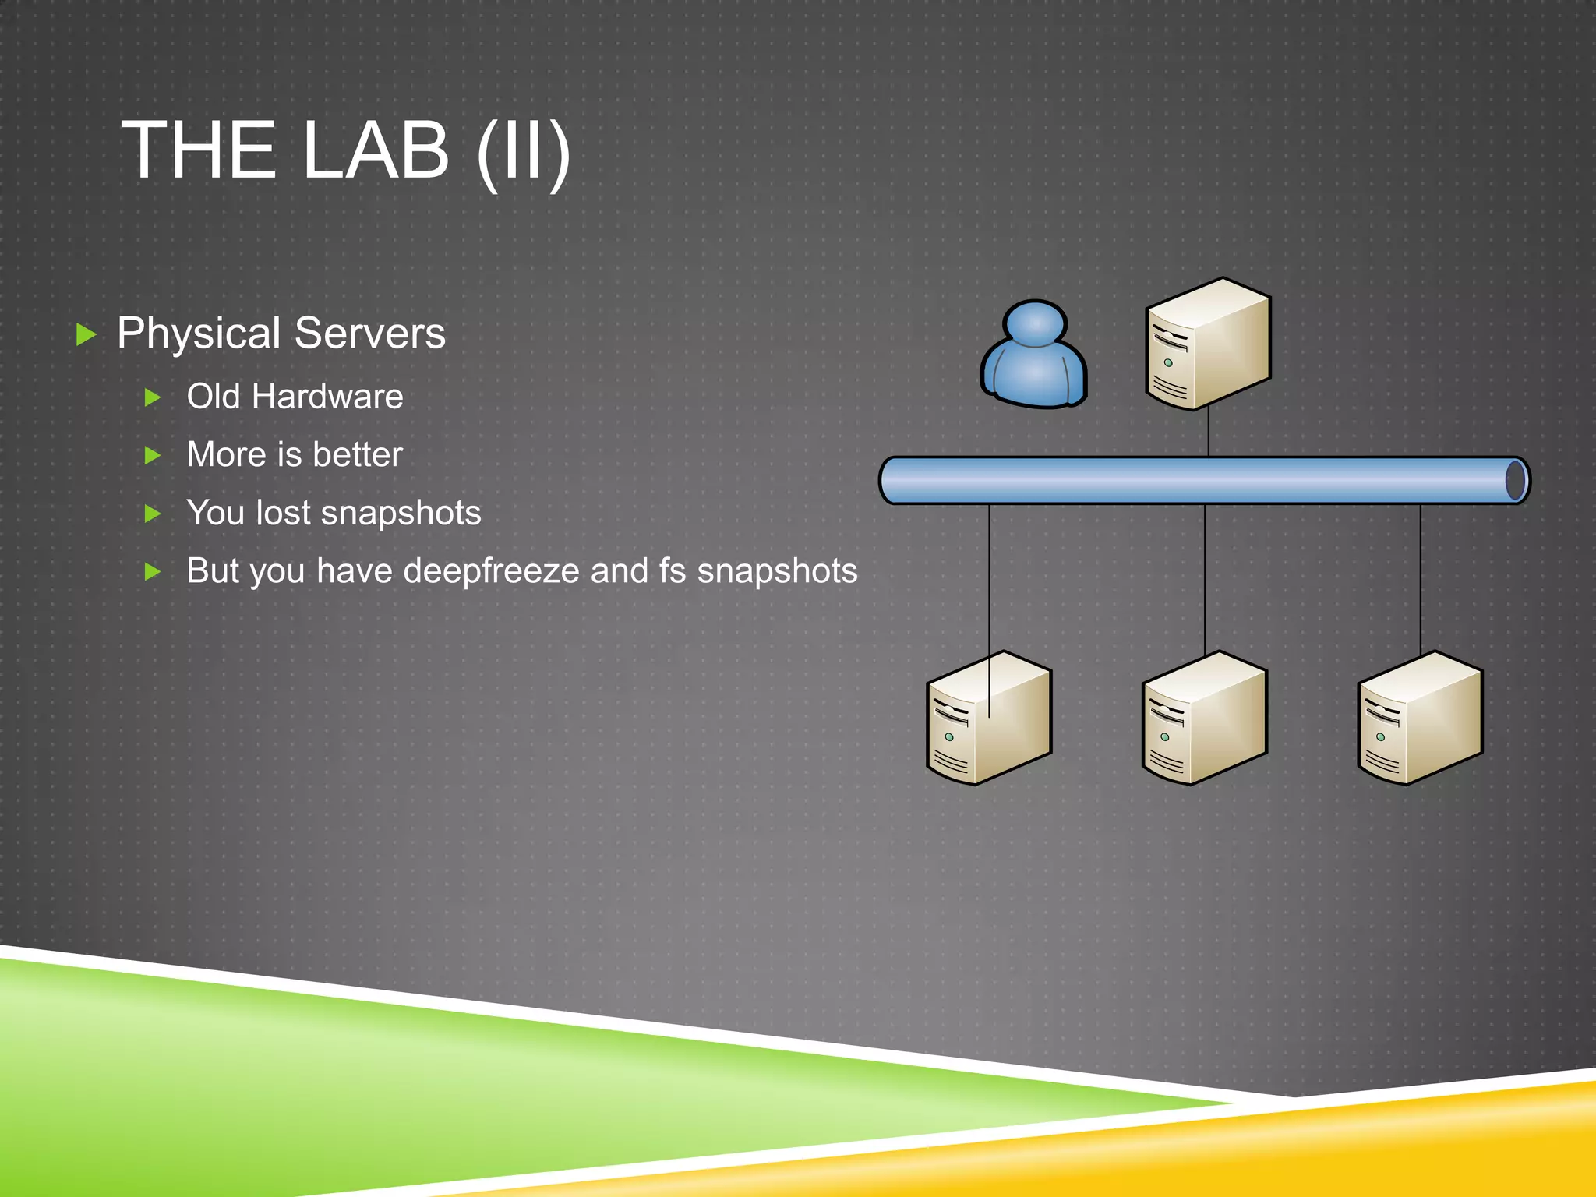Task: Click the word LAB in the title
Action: point(375,150)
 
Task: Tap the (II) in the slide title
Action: point(524,151)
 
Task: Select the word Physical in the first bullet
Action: point(199,334)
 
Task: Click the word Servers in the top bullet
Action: point(370,334)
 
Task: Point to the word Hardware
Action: point(327,397)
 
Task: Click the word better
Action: point(358,454)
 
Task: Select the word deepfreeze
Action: point(492,570)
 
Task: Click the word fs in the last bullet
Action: point(673,570)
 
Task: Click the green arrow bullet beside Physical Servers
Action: point(87,335)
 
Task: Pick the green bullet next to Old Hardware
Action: point(153,397)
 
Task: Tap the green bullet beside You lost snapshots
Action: point(153,514)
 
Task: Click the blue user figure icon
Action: point(1033,355)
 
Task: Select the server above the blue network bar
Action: point(1208,344)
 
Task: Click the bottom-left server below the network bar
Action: point(988,718)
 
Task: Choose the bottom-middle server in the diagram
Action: point(1204,718)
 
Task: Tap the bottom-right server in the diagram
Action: point(1420,718)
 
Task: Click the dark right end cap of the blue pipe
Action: point(1516,480)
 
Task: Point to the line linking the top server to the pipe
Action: point(1208,433)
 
